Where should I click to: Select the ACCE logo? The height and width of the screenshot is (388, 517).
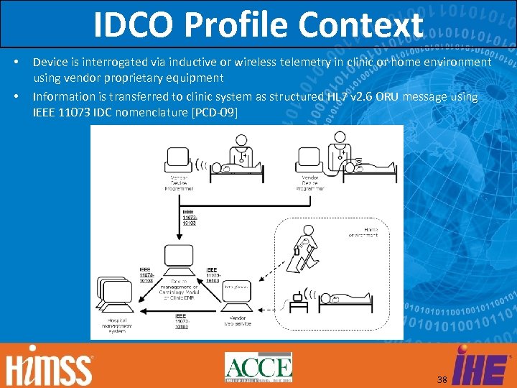(x=258, y=368)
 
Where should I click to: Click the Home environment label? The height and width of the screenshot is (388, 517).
(x=363, y=232)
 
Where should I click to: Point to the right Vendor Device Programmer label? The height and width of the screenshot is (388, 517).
(x=309, y=183)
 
